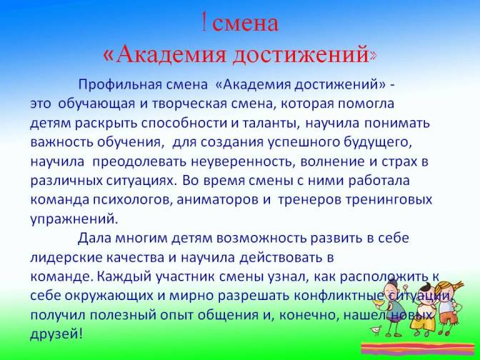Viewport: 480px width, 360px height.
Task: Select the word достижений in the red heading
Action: pyautogui.click(x=301, y=54)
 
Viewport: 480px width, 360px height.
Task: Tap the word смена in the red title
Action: pyautogui.click(x=246, y=23)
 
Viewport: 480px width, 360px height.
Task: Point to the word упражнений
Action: pyautogui.click(x=74, y=219)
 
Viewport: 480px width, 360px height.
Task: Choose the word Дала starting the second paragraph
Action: pyautogui.click(x=94, y=238)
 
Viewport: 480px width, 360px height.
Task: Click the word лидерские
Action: pyautogui.click(x=66, y=258)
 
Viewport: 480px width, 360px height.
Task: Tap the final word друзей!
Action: pyautogui.click(x=56, y=334)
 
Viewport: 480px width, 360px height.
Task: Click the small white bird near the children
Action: pyautogui.click(x=375, y=330)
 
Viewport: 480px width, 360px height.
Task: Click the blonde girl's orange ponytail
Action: pyautogui.click(x=457, y=286)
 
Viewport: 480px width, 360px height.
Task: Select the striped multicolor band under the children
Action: pyautogui.click(x=418, y=349)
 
